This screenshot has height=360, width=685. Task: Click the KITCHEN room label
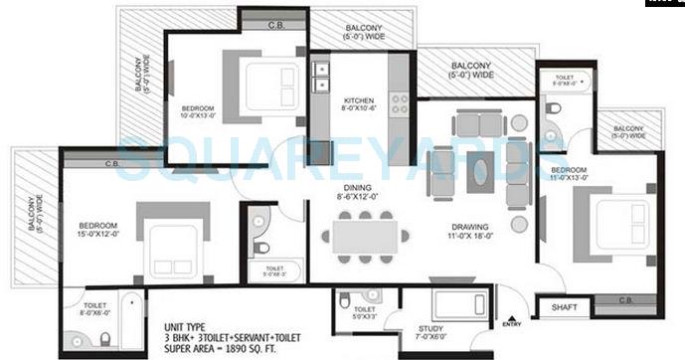(x=358, y=100)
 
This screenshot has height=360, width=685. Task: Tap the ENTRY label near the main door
(x=512, y=323)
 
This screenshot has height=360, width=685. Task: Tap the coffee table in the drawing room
(x=479, y=170)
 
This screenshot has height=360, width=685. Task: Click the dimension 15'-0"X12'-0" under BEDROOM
(x=98, y=235)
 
